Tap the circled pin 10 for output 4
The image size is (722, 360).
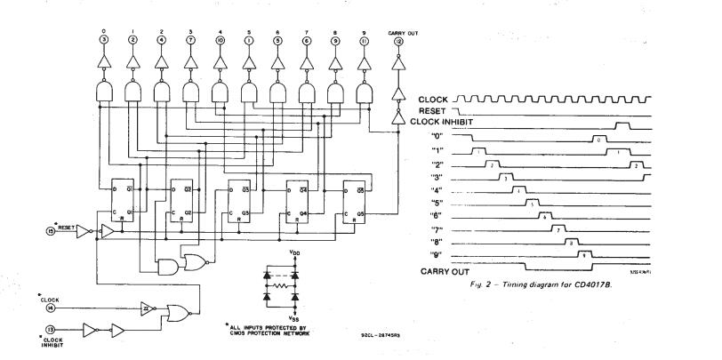[x=219, y=41]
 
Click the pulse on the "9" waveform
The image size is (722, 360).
[x=583, y=254]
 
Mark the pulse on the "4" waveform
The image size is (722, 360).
[x=517, y=190]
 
